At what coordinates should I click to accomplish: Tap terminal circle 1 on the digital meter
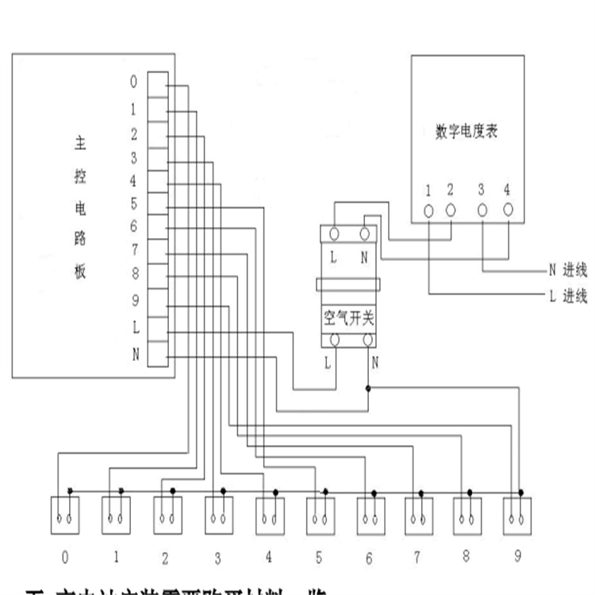pos(428,210)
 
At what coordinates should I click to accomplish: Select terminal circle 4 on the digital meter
pos(508,209)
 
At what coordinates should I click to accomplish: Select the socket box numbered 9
pos(517,516)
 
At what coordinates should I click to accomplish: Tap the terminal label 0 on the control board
pos(133,82)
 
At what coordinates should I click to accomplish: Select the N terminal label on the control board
pos(135,354)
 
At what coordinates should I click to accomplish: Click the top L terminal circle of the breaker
pos(334,234)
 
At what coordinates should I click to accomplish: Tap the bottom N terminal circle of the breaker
pos(367,340)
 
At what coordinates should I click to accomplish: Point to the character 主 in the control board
pos(79,144)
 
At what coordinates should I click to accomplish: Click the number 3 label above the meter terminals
pos(482,190)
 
